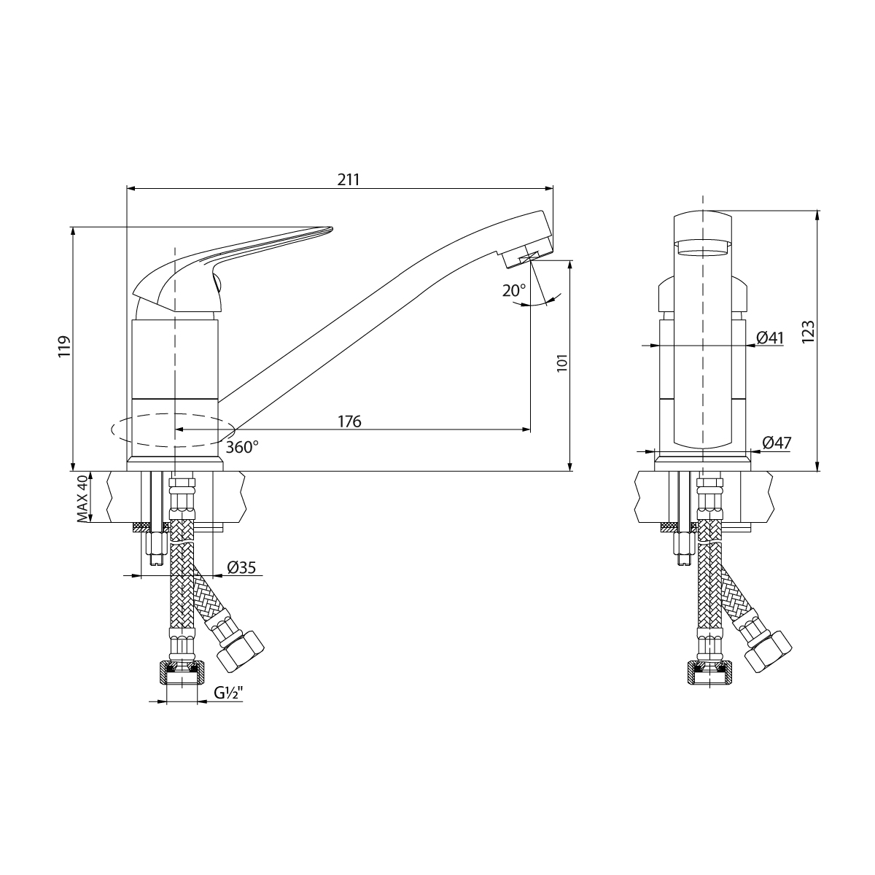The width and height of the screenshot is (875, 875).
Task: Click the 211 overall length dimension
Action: (x=348, y=179)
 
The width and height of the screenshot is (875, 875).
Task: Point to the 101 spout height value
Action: (x=561, y=362)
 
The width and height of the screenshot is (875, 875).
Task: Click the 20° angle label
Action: (x=513, y=289)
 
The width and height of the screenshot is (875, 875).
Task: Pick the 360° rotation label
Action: (x=241, y=447)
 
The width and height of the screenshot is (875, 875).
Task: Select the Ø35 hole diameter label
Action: (x=241, y=567)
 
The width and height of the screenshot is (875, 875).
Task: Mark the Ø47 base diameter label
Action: (x=777, y=443)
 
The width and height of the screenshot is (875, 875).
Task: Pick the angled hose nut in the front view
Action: (x=767, y=648)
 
